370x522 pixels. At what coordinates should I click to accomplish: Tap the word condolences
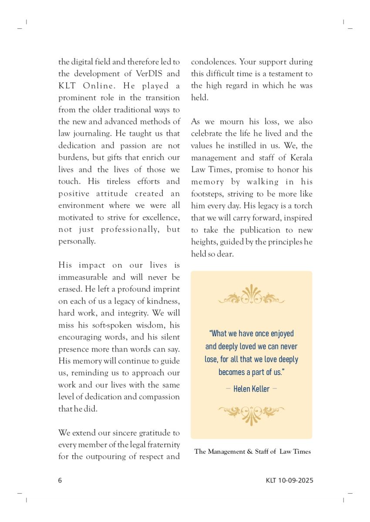pos(212,62)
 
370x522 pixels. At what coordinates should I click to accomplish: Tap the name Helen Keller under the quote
pos(251,389)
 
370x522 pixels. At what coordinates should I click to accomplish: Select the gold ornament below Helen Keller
pos(251,413)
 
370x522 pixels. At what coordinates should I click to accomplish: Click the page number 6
pos(60,481)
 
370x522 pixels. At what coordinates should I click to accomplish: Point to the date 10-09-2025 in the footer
pos(296,481)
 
